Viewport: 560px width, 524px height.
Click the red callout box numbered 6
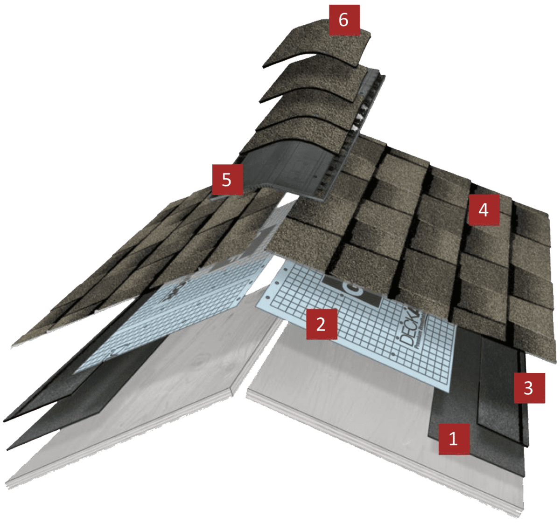(x=344, y=21)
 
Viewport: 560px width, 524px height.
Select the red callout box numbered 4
(x=483, y=210)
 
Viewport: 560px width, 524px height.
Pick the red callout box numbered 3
(x=528, y=388)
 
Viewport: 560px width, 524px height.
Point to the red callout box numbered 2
(x=321, y=324)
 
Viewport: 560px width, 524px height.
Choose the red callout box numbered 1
(x=453, y=439)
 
